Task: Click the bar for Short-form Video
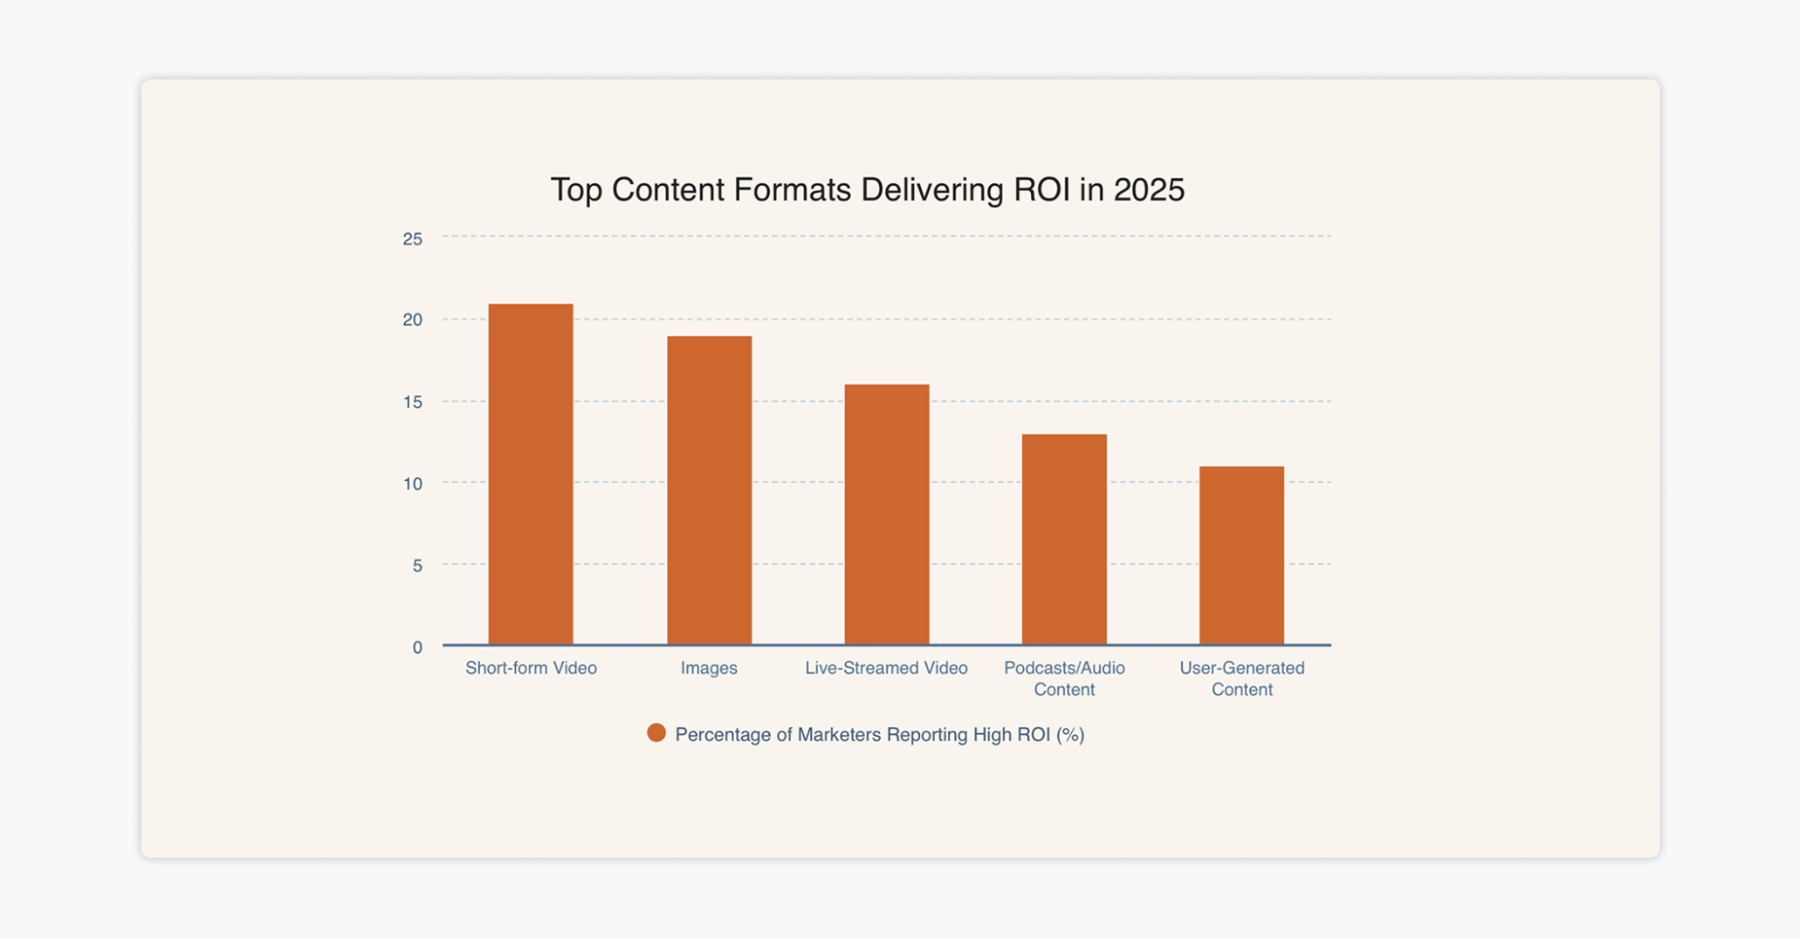click(530, 474)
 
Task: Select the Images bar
click(709, 491)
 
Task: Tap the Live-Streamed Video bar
click(886, 515)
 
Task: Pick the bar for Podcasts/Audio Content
click(1063, 539)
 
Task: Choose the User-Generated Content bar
click(1241, 555)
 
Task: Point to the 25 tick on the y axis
click(412, 239)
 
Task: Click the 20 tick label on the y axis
click(412, 320)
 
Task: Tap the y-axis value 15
click(412, 402)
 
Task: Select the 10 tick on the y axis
click(412, 483)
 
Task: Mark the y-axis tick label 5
click(417, 565)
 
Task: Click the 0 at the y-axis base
click(417, 647)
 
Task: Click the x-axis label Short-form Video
click(530, 668)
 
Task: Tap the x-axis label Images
click(709, 668)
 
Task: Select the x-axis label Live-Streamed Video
click(886, 668)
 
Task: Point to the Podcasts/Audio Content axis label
click(1063, 679)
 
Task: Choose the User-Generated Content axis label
click(1241, 679)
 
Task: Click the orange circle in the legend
click(656, 734)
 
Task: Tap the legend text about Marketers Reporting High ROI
click(879, 735)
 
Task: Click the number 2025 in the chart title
click(1148, 190)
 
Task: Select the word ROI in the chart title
click(1042, 190)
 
